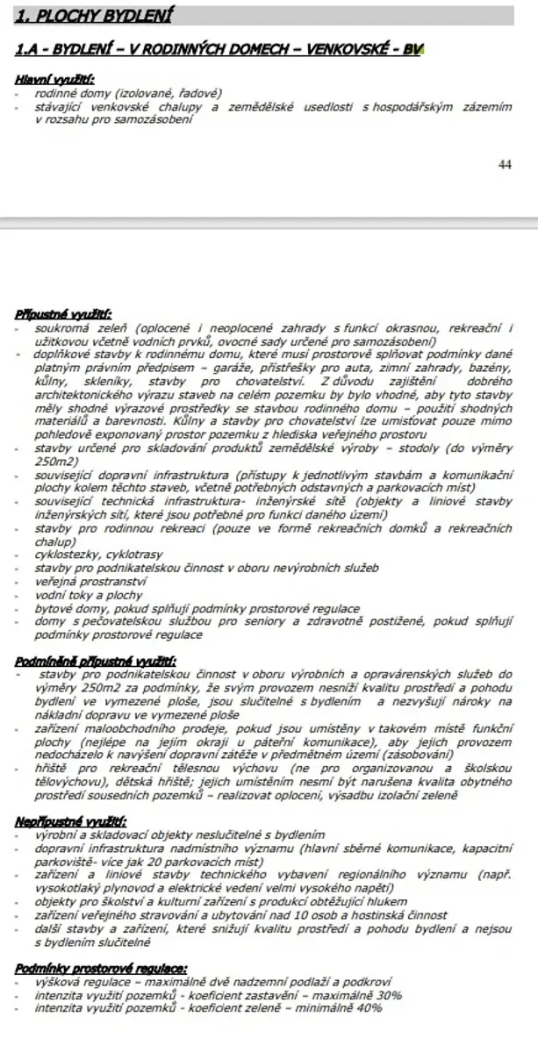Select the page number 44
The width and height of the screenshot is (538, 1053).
(x=504, y=163)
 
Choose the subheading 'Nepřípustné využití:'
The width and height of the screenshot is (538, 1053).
(x=71, y=822)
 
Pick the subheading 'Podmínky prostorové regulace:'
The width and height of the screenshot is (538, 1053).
(x=101, y=967)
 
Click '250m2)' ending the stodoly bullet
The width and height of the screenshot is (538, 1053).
(x=56, y=461)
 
